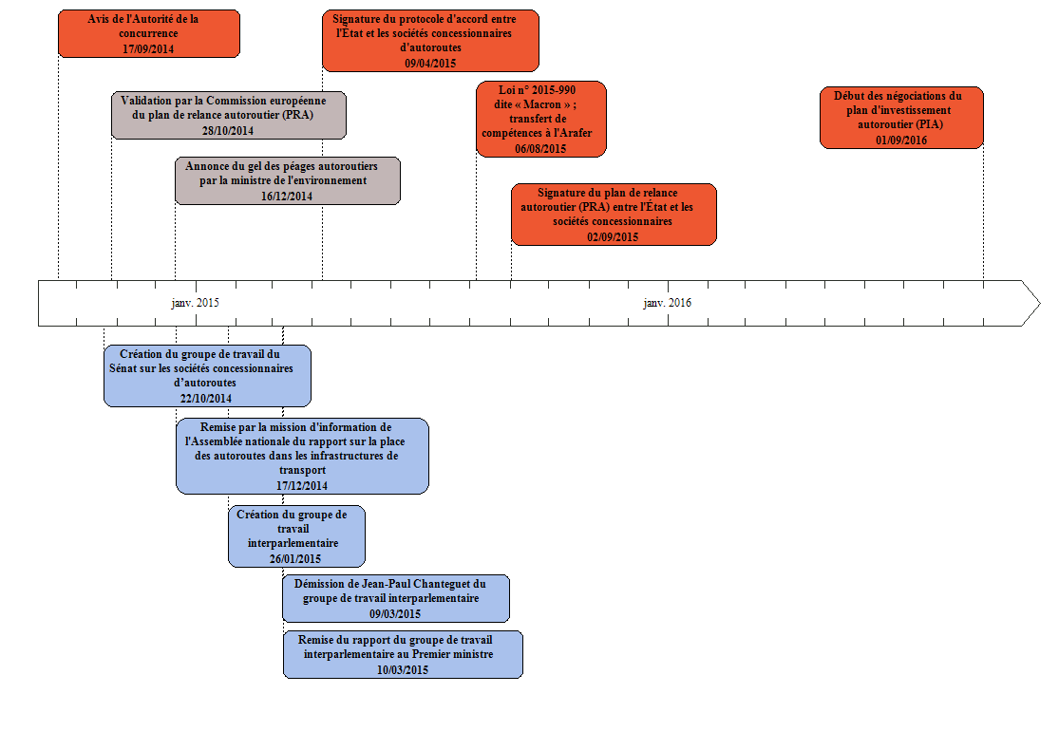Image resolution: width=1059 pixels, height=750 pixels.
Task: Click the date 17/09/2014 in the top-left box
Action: click(148, 48)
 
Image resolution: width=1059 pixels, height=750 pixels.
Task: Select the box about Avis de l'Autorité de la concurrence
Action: click(149, 33)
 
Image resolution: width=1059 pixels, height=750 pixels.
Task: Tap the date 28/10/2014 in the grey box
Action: click(228, 130)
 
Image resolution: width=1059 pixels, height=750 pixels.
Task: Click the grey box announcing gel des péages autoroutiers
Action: click(287, 180)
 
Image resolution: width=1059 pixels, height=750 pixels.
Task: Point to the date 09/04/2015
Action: click(430, 63)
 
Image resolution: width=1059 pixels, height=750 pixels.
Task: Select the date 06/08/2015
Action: click(540, 148)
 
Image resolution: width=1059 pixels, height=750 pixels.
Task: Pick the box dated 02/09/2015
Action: click(614, 215)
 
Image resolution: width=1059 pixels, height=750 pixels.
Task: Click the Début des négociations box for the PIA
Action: click(900, 117)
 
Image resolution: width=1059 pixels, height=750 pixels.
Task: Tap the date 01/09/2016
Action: click(900, 140)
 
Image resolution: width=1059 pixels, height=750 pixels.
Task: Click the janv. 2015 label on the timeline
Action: click(195, 303)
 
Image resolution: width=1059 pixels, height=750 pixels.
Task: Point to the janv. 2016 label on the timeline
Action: click(667, 303)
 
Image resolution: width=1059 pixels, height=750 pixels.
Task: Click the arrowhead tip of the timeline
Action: click(1038, 303)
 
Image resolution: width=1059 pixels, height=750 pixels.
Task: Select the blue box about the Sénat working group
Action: click(207, 375)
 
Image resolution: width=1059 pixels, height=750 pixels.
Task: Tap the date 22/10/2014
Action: click(206, 399)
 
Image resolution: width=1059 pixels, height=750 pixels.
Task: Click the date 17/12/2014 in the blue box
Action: click(302, 485)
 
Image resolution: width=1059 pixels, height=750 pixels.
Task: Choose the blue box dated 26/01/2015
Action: click(296, 535)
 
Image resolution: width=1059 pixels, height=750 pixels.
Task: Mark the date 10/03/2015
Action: click(402, 669)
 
